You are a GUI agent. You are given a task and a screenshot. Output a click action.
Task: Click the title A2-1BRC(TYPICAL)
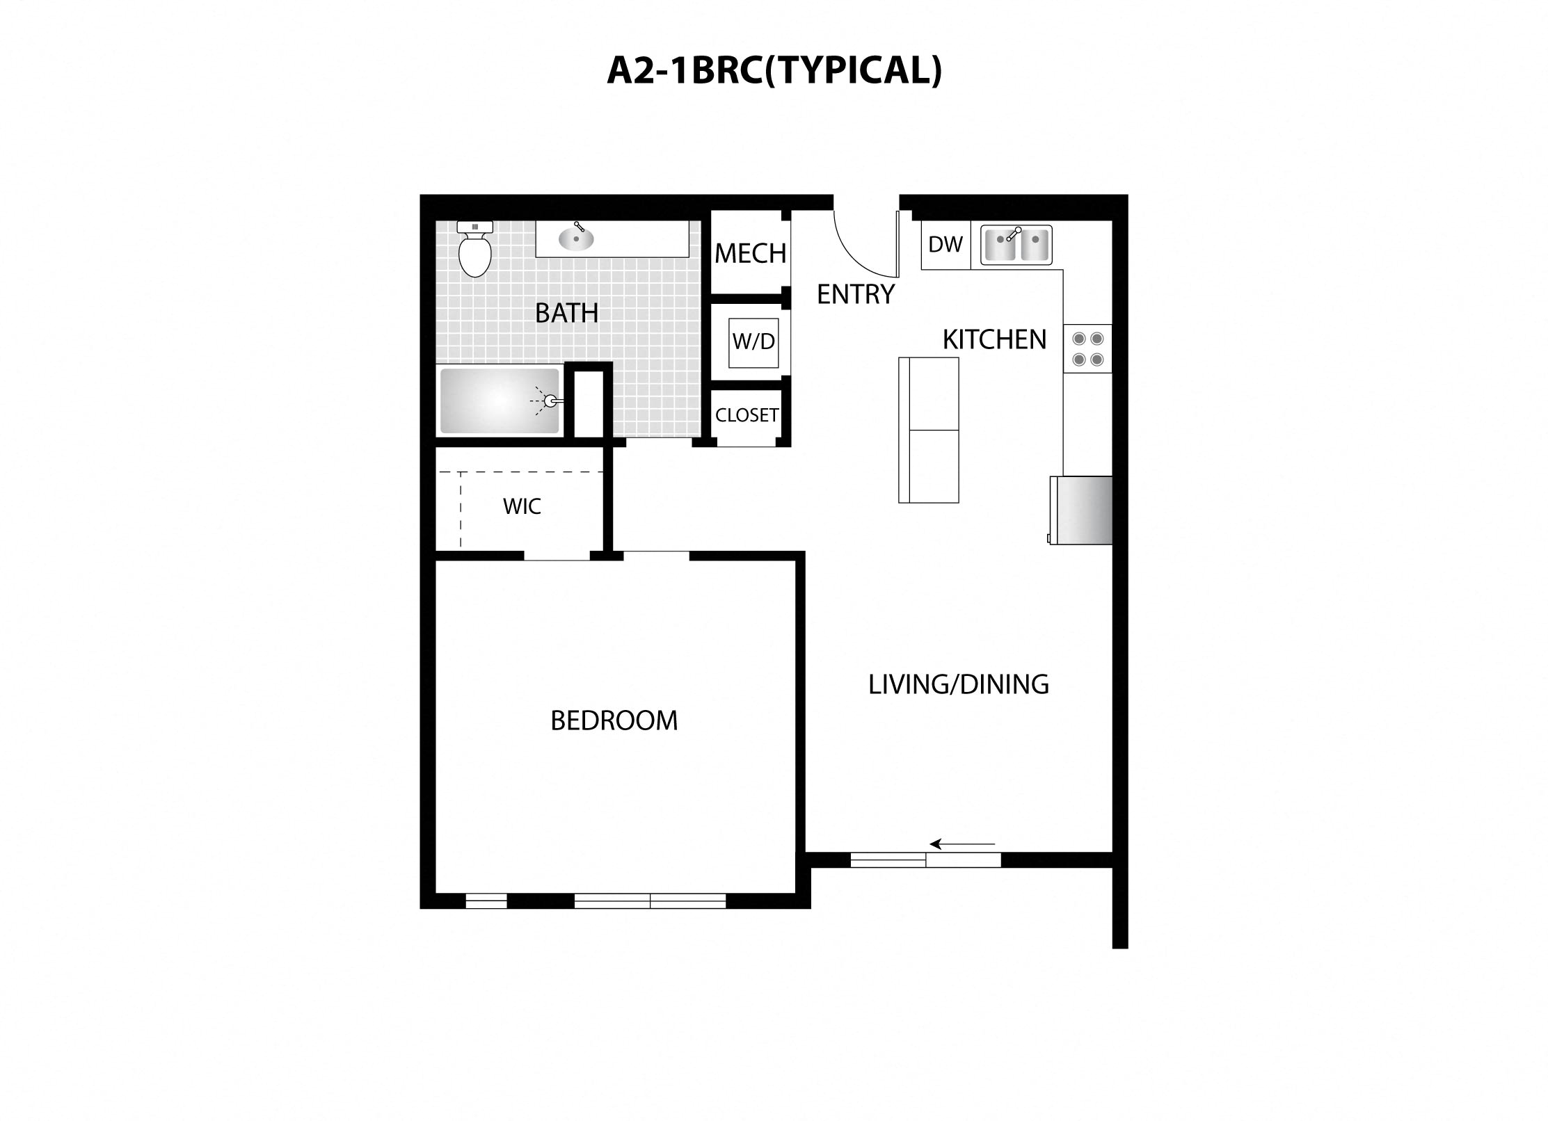774,70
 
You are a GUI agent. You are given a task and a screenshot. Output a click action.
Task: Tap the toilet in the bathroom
475,250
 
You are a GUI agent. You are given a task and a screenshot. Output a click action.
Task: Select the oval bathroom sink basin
576,239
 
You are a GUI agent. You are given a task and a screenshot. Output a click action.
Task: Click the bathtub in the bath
500,401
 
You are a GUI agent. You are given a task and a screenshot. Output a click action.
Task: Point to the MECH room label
750,254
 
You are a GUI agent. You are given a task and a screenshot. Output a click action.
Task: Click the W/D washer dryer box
753,342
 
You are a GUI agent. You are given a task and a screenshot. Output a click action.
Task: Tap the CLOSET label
747,415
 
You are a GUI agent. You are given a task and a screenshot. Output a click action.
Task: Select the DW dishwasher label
945,245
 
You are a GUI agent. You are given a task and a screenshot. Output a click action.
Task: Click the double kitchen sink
1016,245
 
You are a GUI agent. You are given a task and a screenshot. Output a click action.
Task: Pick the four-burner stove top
1087,349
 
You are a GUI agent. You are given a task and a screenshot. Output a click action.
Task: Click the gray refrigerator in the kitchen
1081,510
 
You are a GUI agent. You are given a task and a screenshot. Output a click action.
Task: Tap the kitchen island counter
928,430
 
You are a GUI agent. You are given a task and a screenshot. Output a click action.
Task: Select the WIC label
522,506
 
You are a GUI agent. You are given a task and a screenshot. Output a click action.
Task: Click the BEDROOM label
614,720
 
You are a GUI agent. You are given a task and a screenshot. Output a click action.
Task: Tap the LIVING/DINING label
958,684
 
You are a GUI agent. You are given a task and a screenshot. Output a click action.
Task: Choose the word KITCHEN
994,340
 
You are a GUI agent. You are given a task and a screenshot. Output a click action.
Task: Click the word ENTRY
855,295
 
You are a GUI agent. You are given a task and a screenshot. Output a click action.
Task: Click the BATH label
566,314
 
